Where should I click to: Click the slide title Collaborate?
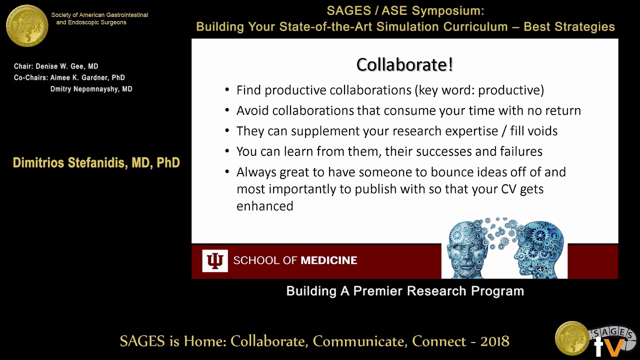pos(404,65)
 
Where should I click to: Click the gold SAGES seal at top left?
pos(27,25)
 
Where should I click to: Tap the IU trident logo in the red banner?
pos(215,260)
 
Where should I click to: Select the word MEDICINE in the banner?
pos(328,260)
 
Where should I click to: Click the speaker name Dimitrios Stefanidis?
pos(96,163)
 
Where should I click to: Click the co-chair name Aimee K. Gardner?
pos(87,77)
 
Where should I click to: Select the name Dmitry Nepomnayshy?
pos(91,89)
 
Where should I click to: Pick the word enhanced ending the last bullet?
pos(264,206)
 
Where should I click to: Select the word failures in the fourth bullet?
pos(521,151)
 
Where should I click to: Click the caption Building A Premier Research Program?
pos(405,291)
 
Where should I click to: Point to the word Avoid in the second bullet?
pos(252,110)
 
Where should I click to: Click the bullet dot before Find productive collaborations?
pos(227,90)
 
